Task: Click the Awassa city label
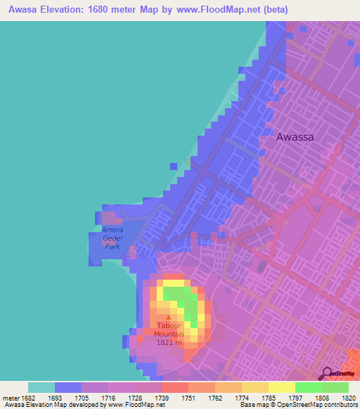point(304,138)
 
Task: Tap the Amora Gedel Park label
point(112,238)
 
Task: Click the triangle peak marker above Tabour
point(167,317)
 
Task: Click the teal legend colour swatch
point(41,387)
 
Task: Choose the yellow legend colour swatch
point(281,387)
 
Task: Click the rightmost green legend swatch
point(335,387)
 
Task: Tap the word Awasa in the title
point(19,9)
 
